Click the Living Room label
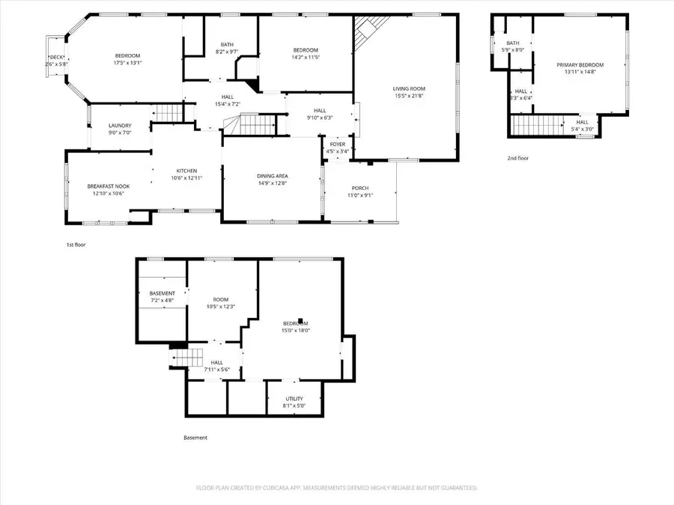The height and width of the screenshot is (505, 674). click(x=408, y=88)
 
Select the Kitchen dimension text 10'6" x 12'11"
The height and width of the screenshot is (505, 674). click(x=186, y=178)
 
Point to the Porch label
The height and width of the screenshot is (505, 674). click(x=359, y=188)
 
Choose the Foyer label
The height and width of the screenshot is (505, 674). click(x=338, y=144)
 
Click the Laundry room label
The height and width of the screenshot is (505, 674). click(x=120, y=126)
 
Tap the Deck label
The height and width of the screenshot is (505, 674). click(x=56, y=58)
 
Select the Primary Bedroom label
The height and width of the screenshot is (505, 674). click(x=580, y=65)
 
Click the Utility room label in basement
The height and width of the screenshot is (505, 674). click(x=294, y=399)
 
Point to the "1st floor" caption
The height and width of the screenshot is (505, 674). click(x=75, y=244)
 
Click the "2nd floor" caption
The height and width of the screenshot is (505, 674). click(x=517, y=159)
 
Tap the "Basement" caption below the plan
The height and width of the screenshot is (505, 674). click(x=195, y=438)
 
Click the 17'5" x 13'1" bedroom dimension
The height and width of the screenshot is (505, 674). click(x=127, y=64)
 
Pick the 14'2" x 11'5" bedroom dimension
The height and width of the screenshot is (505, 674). click(x=305, y=58)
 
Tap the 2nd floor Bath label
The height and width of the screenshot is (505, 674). click(x=513, y=43)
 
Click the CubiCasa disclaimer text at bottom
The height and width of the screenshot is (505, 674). click(x=336, y=488)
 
